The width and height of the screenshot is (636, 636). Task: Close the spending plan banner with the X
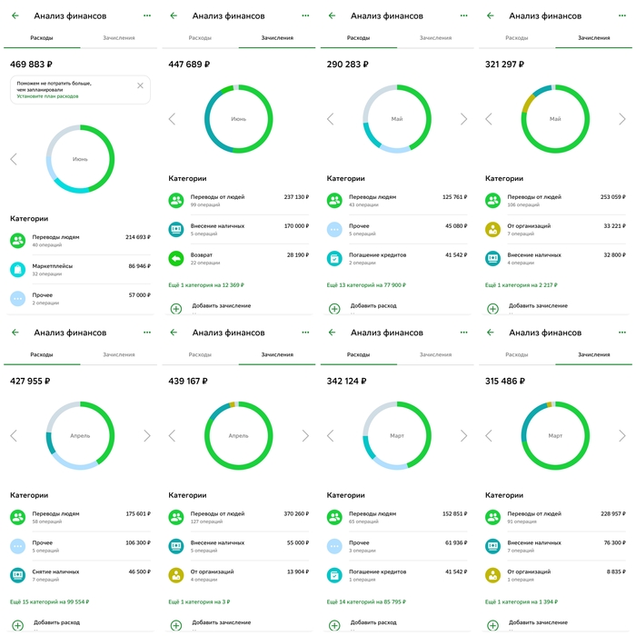coord(140,85)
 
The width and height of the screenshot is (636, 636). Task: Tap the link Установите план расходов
coord(47,95)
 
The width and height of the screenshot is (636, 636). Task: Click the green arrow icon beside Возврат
coord(176,258)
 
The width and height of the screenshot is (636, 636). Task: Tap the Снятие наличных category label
coord(56,571)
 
